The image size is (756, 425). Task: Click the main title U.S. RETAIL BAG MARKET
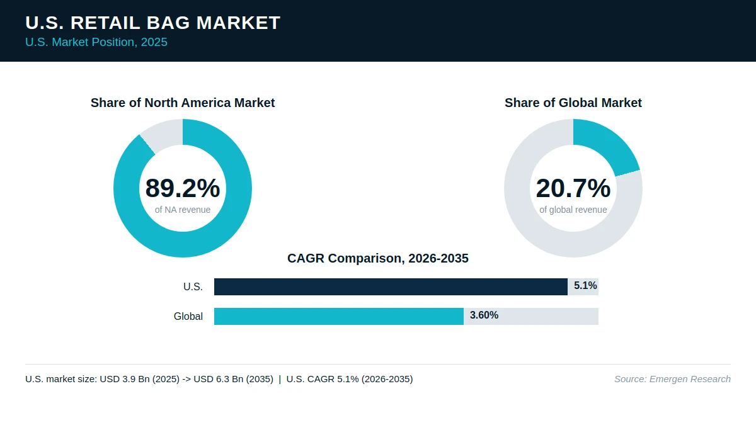point(152,23)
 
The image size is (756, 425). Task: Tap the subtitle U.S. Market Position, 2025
point(96,42)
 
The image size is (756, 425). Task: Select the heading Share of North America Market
point(183,103)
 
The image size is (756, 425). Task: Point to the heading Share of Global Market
point(573,103)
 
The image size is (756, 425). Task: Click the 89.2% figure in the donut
point(183,188)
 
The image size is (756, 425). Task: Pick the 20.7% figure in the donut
point(573,188)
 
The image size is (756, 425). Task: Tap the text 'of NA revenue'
point(183,210)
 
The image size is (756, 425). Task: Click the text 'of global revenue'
point(573,210)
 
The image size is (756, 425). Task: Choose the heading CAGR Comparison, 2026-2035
point(377,258)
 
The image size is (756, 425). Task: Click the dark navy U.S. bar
point(391,286)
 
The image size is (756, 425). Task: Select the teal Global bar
point(339,316)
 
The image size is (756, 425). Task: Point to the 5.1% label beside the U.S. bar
point(585,286)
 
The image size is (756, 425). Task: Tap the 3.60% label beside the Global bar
point(484,315)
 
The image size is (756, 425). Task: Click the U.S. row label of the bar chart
point(193,286)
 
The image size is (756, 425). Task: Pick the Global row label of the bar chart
point(188,316)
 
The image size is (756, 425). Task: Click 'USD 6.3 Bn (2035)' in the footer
point(233,379)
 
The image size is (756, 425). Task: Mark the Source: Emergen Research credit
point(672,379)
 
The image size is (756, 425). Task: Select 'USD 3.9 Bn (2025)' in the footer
point(139,379)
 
